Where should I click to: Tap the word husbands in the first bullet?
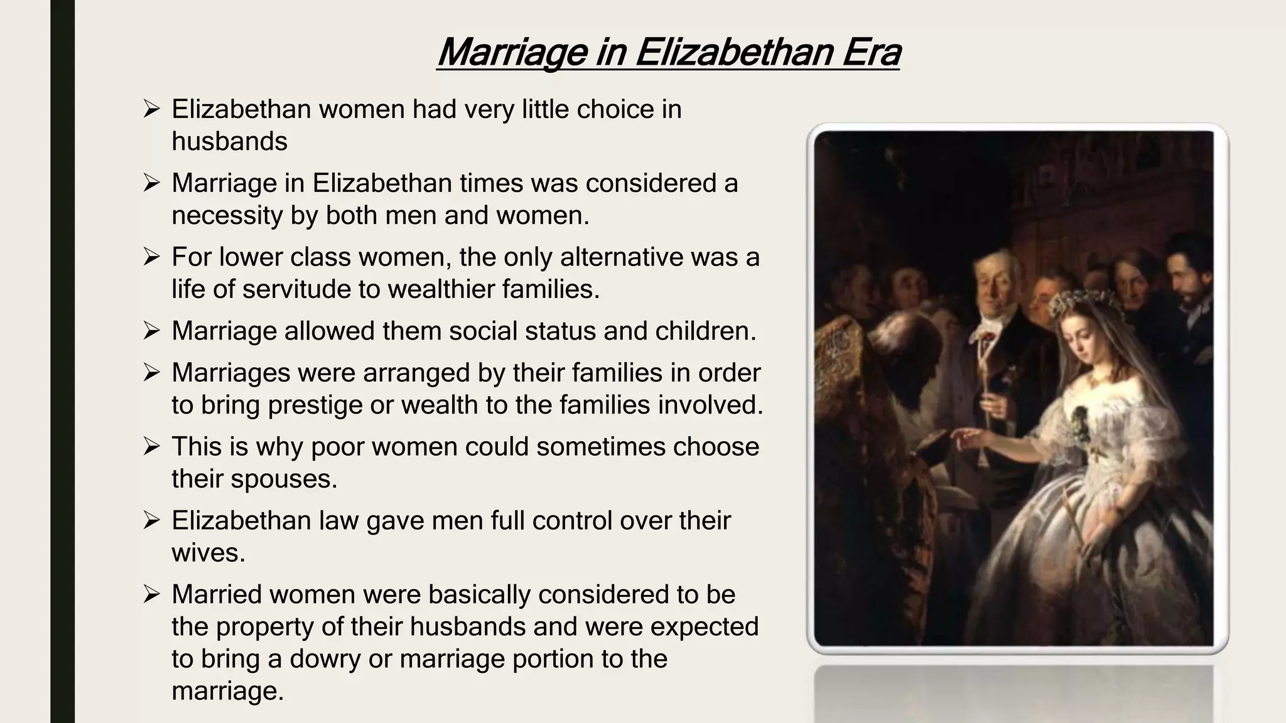(229, 141)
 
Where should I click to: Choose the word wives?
(208, 553)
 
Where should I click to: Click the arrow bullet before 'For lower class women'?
(151, 257)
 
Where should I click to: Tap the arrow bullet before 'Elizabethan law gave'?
(151, 521)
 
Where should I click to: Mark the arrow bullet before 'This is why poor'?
(151, 447)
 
